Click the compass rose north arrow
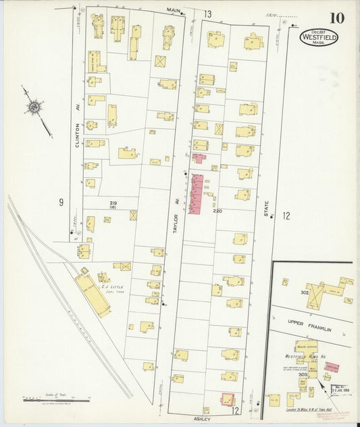pyautogui.click(x=34, y=107)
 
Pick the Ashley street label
pyautogui.click(x=203, y=418)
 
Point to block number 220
pyautogui.click(x=217, y=211)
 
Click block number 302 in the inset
pyautogui.click(x=305, y=293)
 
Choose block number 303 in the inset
pyautogui.click(x=303, y=374)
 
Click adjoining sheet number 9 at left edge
pyautogui.click(x=61, y=202)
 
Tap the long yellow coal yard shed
pyautogui.click(x=94, y=295)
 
